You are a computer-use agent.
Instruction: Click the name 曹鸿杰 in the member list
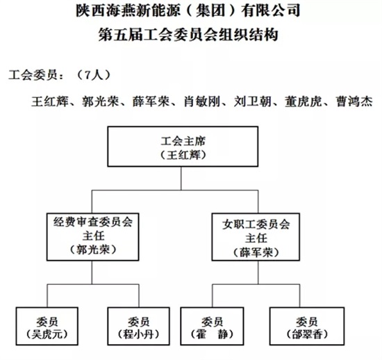354,101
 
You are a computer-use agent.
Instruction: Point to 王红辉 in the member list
50,101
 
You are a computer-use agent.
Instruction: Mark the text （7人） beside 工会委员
93,75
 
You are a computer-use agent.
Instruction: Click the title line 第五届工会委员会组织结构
188,34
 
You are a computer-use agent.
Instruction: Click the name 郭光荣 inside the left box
93,250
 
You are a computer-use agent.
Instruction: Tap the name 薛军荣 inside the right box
256,252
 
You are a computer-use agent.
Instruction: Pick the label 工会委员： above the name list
37,75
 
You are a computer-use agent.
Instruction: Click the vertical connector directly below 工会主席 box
181,179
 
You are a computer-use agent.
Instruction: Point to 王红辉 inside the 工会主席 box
183,155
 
